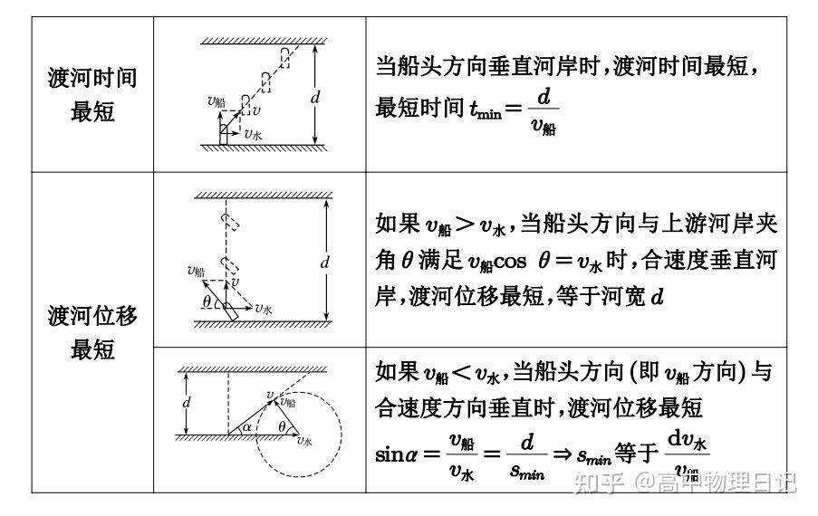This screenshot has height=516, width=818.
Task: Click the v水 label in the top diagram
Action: coord(255,133)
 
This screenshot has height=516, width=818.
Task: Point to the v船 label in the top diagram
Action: coord(216,101)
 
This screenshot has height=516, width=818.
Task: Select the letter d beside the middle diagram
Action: coord(324,263)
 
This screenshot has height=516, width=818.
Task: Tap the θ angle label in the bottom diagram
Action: coord(282,426)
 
